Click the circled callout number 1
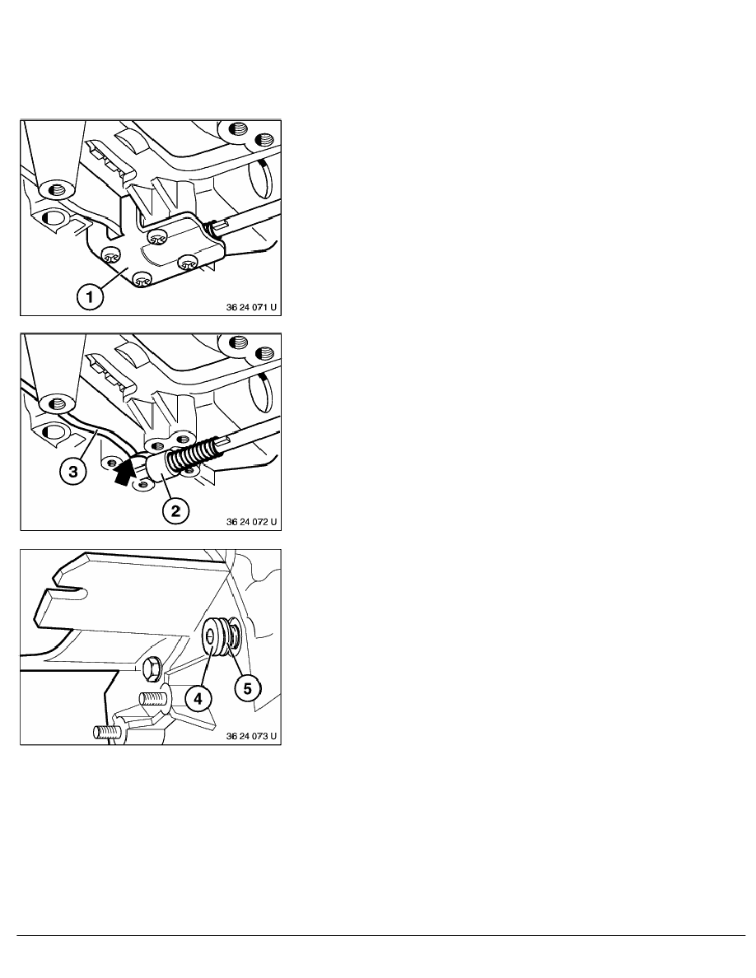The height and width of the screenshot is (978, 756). point(90,296)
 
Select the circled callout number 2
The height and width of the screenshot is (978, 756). point(175,511)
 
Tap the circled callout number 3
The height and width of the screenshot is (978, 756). point(73,472)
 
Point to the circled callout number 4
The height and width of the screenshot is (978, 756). point(198,699)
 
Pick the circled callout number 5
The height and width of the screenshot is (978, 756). point(248,688)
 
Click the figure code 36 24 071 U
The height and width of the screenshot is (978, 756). point(251,308)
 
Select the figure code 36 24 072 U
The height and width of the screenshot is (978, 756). point(251,522)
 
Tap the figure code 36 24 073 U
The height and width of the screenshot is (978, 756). point(251,737)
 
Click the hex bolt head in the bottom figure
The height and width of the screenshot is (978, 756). point(152,669)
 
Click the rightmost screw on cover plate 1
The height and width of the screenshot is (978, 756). point(186,262)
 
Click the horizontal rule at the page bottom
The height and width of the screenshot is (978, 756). point(381,935)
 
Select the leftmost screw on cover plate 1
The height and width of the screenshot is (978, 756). point(110,253)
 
